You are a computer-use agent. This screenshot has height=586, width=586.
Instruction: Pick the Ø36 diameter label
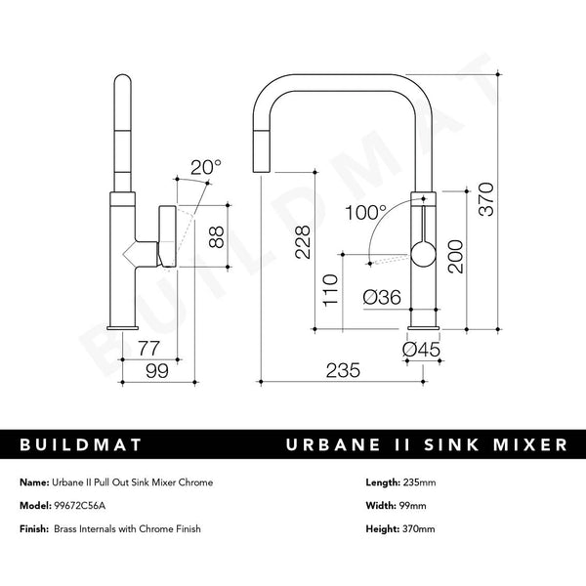381,297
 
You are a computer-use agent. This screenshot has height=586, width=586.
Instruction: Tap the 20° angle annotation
206,168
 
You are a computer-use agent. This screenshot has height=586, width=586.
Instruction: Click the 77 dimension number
148,346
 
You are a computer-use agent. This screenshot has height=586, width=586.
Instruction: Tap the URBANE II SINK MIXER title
425,445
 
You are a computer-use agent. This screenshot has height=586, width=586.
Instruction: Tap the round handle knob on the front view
421,257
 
